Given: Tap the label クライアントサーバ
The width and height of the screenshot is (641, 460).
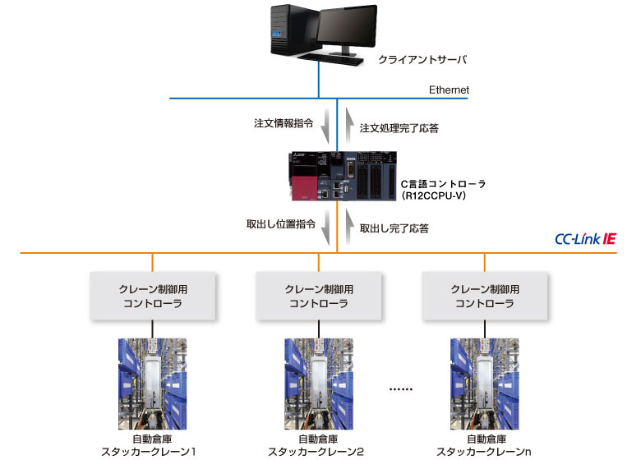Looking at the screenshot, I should point(416,60).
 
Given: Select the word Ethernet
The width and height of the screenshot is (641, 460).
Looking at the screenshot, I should point(449,90).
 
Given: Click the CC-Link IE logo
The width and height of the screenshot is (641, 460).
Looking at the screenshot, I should point(585,240).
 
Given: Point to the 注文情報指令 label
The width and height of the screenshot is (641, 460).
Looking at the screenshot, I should point(284,124).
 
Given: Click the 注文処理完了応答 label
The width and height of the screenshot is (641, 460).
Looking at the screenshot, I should point(399,128).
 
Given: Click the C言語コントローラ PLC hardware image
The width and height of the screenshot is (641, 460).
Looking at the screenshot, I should point(341,177).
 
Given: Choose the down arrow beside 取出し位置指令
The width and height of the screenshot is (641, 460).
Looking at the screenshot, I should point(325,223).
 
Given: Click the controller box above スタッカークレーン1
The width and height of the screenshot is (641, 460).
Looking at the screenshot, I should point(152,296).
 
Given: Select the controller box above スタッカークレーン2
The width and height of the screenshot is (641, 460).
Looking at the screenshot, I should point(319,296).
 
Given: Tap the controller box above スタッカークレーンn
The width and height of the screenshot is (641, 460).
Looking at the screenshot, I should point(485,296).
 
